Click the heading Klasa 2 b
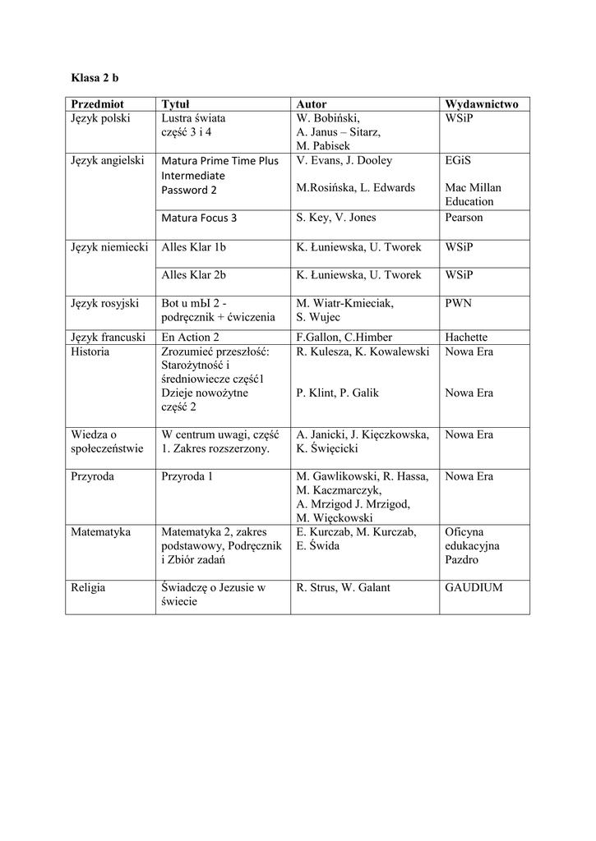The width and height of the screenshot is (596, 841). (x=95, y=78)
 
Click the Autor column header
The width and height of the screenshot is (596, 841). (x=311, y=104)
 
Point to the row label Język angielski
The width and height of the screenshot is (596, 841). (x=109, y=160)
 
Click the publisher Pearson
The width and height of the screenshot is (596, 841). (x=464, y=218)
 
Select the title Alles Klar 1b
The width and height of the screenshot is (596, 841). (x=193, y=246)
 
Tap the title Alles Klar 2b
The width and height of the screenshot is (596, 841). (x=193, y=275)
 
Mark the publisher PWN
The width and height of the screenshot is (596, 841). (x=458, y=303)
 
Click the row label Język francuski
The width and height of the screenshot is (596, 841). (x=109, y=337)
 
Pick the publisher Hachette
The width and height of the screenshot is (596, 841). (x=466, y=337)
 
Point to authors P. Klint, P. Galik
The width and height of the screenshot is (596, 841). (x=337, y=393)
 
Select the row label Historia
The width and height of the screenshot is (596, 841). (x=90, y=351)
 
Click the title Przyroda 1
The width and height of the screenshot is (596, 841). (x=187, y=476)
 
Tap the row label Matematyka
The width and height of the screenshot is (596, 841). (x=101, y=531)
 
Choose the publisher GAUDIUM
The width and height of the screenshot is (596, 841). (x=474, y=587)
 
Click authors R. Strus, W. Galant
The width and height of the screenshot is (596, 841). (x=343, y=587)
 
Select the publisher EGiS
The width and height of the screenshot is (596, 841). (x=459, y=160)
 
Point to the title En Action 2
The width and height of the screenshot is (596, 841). (x=191, y=337)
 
